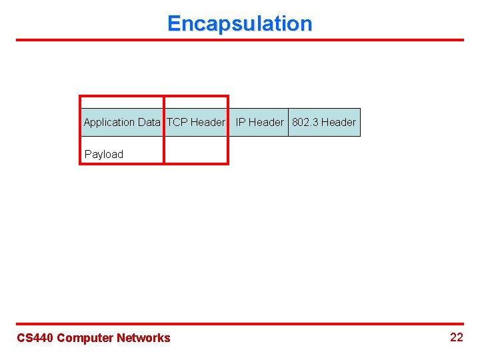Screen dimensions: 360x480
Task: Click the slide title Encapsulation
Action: (x=239, y=24)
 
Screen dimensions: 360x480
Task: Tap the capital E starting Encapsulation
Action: (x=174, y=24)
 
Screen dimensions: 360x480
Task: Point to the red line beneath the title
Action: (x=239, y=40)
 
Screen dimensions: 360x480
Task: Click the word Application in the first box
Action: (x=109, y=123)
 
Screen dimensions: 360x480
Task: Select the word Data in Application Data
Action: (x=149, y=123)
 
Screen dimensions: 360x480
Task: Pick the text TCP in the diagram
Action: (x=177, y=123)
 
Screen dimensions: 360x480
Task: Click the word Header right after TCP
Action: (x=207, y=123)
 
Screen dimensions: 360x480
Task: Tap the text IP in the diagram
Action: (x=241, y=123)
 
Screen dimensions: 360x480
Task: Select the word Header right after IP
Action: (x=266, y=123)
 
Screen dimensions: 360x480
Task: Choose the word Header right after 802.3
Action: (x=339, y=123)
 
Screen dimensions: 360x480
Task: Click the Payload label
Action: (x=104, y=155)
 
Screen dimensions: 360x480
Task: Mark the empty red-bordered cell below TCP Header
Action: (x=195, y=150)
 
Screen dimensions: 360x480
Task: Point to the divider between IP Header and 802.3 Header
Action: (x=288, y=123)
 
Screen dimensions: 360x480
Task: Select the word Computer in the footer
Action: (x=85, y=338)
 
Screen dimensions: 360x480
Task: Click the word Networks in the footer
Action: (x=143, y=338)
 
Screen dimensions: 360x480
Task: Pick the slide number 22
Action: (x=456, y=337)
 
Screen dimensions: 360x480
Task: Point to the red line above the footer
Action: (x=239, y=324)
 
